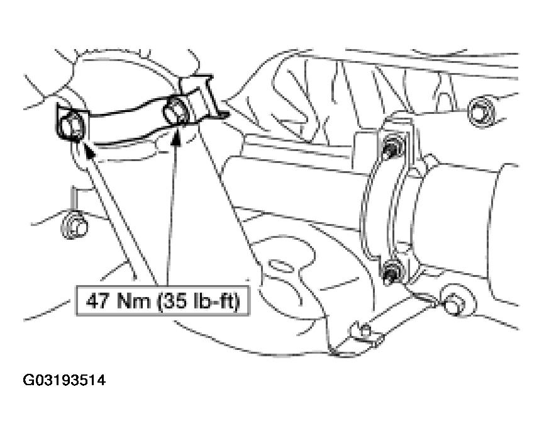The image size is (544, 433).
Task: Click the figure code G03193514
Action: click(x=64, y=380)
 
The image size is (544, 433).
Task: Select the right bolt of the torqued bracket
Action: click(x=176, y=110)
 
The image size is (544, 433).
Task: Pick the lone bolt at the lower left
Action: click(x=74, y=226)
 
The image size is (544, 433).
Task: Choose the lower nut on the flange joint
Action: click(x=392, y=271)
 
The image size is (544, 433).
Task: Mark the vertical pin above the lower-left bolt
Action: click(x=73, y=199)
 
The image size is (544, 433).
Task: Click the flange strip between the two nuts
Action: click(x=394, y=208)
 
